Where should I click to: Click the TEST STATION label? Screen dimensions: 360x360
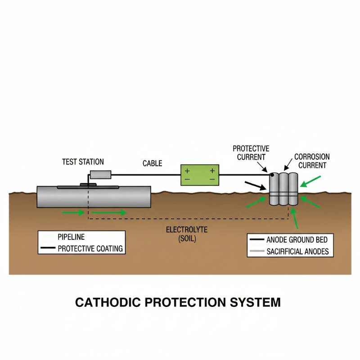click(82, 162)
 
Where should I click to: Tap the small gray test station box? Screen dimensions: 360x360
click(101, 175)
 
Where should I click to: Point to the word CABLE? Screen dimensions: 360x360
click(153, 163)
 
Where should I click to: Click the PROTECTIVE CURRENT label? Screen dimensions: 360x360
click(251, 153)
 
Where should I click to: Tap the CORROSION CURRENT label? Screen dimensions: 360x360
click(312, 161)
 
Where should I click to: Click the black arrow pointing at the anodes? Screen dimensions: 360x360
click(254, 185)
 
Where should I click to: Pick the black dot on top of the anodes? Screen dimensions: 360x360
click(272, 174)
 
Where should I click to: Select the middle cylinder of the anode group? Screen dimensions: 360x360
click(283, 189)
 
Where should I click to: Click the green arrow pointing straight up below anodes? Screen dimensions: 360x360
click(295, 220)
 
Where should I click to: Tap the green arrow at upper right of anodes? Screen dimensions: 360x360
click(310, 182)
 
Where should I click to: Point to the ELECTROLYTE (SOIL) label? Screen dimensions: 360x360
click(186, 234)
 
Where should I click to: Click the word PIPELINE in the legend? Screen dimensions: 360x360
click(71, 237)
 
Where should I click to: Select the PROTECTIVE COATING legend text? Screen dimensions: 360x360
click(90, 248)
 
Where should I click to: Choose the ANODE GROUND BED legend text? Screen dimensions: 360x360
click(297, 240)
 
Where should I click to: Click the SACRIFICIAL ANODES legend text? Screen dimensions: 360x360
click(297, 251)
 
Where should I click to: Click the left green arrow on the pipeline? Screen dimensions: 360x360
click(73, 212)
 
